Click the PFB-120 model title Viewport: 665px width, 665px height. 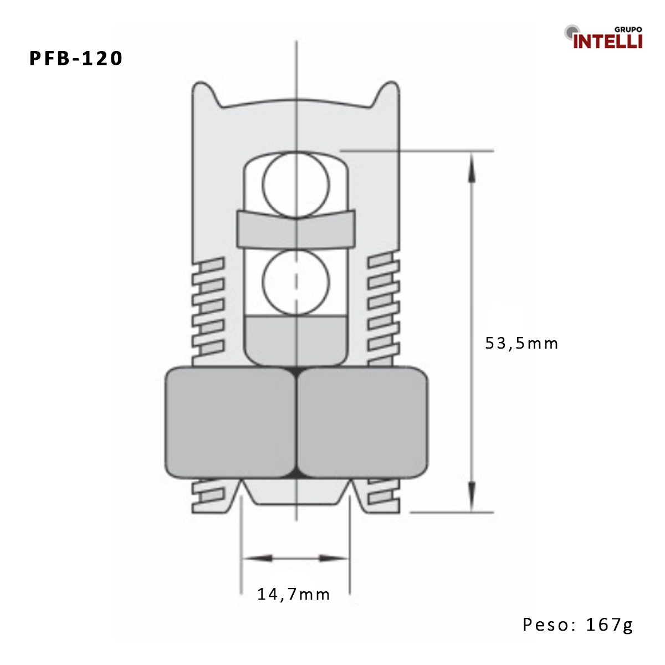tap(76, 58)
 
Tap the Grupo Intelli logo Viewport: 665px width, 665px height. tap(603, 38)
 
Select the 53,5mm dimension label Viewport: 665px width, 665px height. tap(521, 344)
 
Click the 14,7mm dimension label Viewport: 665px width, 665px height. tap(293, 595)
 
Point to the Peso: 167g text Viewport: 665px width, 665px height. tap(577, 625)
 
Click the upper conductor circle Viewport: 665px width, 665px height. tap(296, 183)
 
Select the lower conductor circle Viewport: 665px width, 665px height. tap(296, 282)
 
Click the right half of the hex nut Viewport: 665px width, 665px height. tap(363, 422)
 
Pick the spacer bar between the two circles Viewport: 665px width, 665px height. tap(296, 228)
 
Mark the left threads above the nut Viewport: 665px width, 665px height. tap(208, 310)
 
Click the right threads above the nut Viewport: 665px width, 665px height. tap(384, 310)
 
